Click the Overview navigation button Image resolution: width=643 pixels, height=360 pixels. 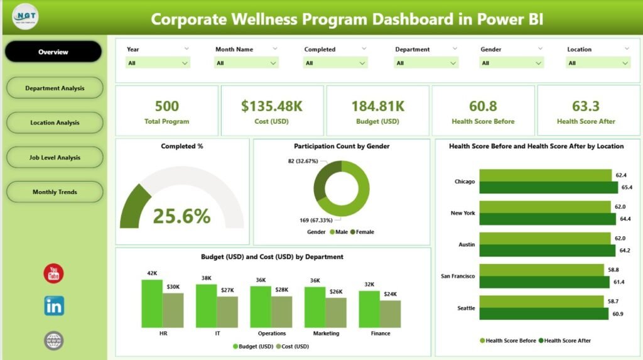(53, 52)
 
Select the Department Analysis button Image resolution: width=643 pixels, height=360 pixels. (55, 89)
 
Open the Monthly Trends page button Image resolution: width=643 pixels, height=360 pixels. (55, 192)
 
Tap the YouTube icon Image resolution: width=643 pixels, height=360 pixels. (54, 273)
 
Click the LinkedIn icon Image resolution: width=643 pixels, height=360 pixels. (54, 306)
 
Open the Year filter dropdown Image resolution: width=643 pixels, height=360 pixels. (158, 63)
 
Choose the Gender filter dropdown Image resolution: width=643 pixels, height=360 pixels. (512, 63)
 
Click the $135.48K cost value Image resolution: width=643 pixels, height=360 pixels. (272, 106)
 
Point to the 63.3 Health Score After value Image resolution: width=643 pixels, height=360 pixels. (586, 106)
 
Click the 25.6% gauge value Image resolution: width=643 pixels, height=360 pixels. (181, 217)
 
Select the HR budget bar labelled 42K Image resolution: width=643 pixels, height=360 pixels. (152, 304)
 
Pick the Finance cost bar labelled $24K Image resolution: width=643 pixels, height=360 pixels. (391, 314)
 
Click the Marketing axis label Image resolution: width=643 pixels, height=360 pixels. (326, 334)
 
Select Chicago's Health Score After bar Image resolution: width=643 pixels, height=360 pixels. (548, 188)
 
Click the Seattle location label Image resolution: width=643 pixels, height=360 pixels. (465, 308)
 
